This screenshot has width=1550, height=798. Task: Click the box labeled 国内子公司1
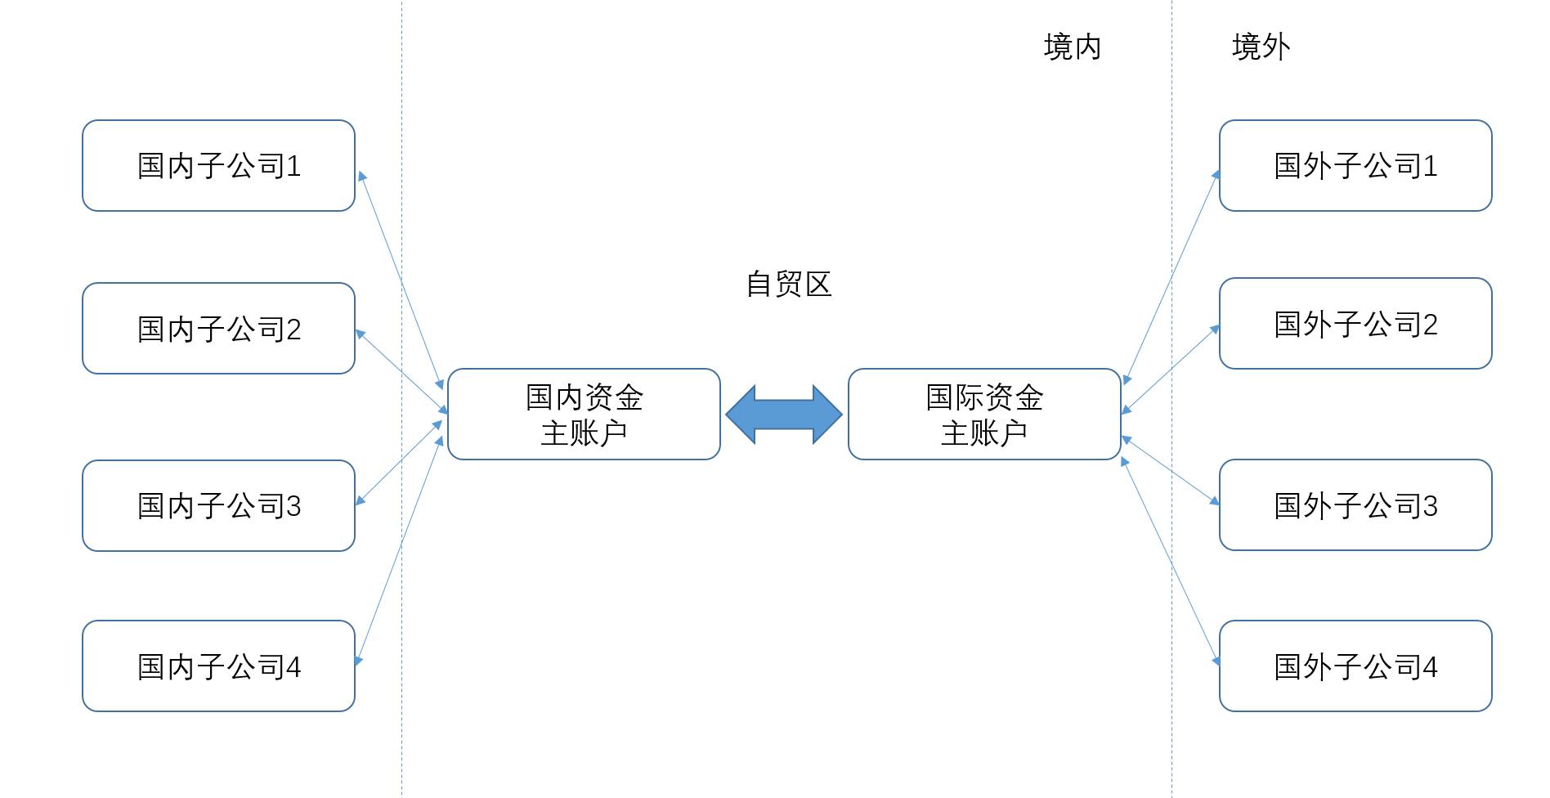pos(218,166)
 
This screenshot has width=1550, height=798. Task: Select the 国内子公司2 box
pos(218,329)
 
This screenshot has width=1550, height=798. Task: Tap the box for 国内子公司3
pos(218,505)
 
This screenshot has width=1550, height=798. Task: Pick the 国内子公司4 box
pos(218,666)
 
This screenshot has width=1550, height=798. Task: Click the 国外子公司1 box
pos(1355,166)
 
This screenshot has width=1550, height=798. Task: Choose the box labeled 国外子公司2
pos(1355,324)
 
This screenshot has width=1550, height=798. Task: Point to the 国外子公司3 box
pos(1355,505)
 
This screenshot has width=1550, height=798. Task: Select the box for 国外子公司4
pos(1355,666)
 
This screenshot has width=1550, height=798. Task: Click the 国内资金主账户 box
pos(584,415)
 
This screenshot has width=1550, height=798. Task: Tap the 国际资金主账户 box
pos(984,415)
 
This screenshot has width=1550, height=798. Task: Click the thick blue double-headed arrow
pos(784,415)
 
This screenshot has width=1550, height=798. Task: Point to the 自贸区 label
pos(789,285)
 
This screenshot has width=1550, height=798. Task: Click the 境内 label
pos(1073,47)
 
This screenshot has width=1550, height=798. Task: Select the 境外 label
pos(1261,47)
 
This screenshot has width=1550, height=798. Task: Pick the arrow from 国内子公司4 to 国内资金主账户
pos(400,549)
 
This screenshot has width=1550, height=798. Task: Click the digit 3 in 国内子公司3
pos(293,507)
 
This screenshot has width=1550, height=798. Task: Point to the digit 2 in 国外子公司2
pos(1430,325)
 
